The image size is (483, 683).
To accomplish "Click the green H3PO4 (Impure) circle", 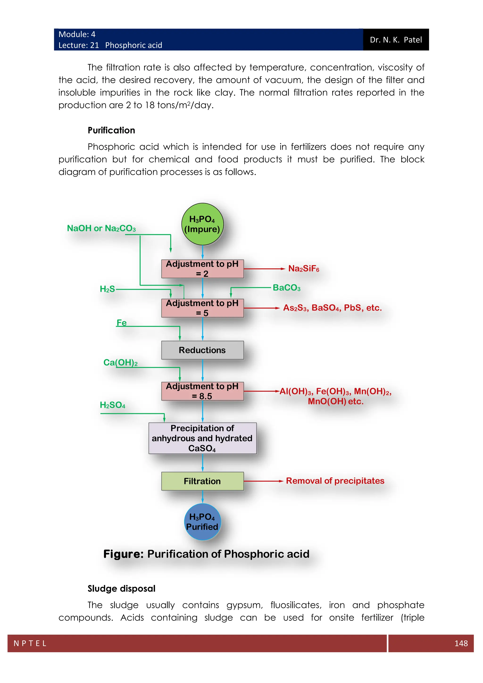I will click(202, 224).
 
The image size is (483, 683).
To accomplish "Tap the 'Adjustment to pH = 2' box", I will click(202, 269).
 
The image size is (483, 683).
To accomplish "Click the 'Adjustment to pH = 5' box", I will click(202, 308).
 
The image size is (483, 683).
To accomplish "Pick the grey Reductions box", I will click(202, 350).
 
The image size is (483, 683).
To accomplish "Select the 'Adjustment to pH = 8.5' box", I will click(202, 391).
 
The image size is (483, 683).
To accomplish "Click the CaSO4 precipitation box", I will click(202, 438).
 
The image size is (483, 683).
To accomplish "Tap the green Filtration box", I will click(202, 481).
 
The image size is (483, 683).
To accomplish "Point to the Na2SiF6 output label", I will click(304, 269).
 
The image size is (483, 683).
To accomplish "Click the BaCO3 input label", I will click(286, 288).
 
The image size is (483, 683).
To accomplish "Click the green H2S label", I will click(107, 289).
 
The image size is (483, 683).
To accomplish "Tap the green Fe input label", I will click(121, 323).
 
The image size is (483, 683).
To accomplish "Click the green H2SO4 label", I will click(112, 405).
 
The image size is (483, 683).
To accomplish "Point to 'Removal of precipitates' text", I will click(335, 481).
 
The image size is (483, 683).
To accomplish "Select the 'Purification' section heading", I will click(111, 130).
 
